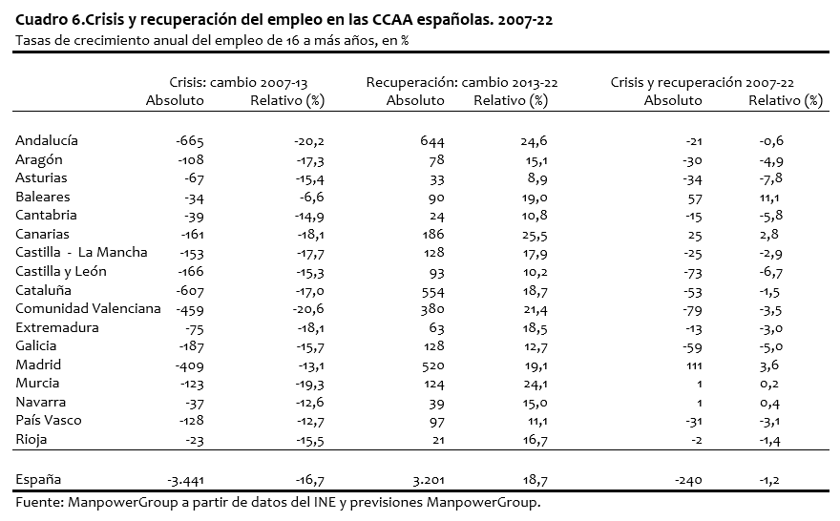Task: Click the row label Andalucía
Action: point(47,140)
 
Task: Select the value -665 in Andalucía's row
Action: point(190,141)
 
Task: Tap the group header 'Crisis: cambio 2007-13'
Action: point(239,82)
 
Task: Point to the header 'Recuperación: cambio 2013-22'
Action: point(462,82)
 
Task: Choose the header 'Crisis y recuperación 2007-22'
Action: point(702,82)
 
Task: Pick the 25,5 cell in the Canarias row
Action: point(535,235)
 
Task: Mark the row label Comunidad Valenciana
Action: point(88,308)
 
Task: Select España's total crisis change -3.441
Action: point(185,480)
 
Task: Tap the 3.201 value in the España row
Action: point(428,480)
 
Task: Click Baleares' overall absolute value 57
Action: point(695,198)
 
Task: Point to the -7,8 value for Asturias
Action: point(771,178)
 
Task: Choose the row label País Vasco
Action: point(49,420)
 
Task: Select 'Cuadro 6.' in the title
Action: point(50,20)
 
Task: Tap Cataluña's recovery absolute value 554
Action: point(432,292)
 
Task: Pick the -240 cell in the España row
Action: point(688,480)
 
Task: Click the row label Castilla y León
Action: point(61,272)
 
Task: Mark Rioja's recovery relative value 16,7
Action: point(535,440)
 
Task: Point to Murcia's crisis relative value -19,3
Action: point(310,385)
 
